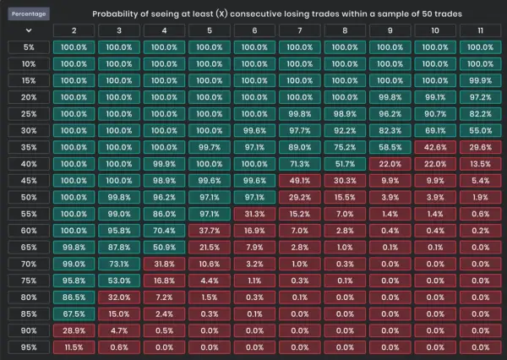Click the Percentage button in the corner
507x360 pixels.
29,14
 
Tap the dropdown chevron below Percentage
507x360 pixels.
29,30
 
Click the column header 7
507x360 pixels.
300,30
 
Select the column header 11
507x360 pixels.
481,30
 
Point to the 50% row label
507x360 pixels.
29,197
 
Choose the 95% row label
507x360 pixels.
29,347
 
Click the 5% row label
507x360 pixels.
29,47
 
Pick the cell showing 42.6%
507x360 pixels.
435,147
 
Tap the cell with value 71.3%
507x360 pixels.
300,164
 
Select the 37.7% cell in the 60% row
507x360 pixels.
210,231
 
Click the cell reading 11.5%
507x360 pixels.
74,347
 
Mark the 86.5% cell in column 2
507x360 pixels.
74,297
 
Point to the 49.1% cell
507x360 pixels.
300,181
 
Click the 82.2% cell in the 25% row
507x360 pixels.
481,114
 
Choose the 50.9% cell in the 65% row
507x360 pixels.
164,248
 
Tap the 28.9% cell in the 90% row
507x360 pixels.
74,330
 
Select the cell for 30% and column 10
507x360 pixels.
435,131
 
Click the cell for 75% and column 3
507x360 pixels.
119,281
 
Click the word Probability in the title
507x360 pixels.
112,14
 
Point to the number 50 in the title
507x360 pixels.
427,14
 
